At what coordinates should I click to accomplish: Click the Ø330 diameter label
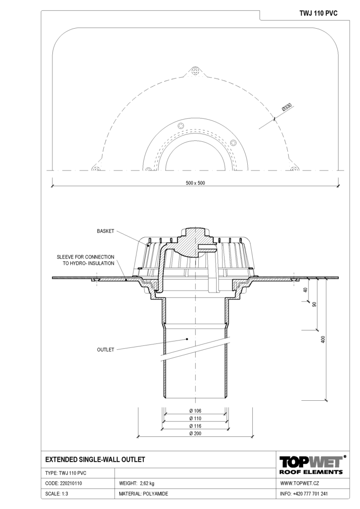click(287, 107)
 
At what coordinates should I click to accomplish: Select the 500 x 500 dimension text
click(195, 183)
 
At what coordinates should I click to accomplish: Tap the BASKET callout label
click(106, 231)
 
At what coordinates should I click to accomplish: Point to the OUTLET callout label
click(106, 349)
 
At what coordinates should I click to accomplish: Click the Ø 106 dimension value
click(195, 411)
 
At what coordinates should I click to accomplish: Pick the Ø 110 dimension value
click(195, 419)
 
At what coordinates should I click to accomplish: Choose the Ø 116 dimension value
click(195, 426)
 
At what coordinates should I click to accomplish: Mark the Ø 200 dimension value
click(195, 433)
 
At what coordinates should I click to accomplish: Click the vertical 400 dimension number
click(322, 339)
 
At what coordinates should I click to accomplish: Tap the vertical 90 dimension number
click(314, 304)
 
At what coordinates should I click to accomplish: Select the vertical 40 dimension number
click(305, 290)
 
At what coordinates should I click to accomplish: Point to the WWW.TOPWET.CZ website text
click(299, 483)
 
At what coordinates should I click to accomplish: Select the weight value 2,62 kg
click(147, 483)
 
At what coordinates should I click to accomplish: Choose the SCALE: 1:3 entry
click(56, 494)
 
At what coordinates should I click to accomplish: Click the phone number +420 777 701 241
click(310, 494)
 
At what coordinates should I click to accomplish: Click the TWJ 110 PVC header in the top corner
click(318, 13)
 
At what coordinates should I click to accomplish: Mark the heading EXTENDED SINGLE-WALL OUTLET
click(95, 460)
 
